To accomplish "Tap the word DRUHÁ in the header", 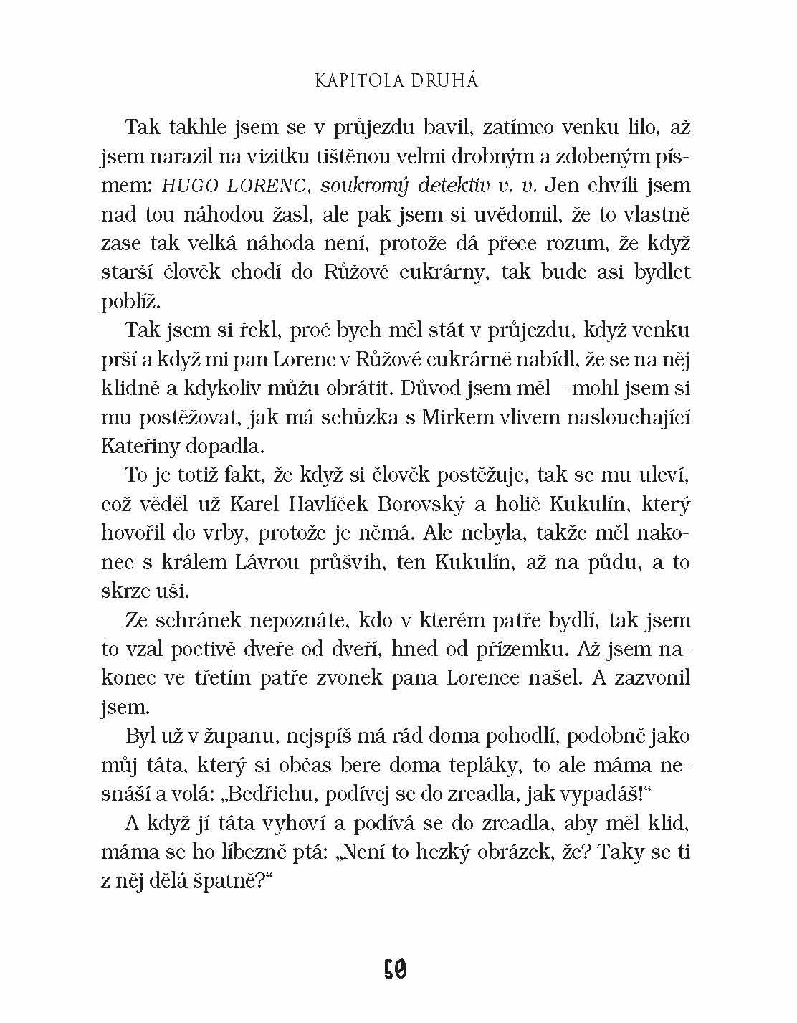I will click(444, 81).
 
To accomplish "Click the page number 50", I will click(395, 971).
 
